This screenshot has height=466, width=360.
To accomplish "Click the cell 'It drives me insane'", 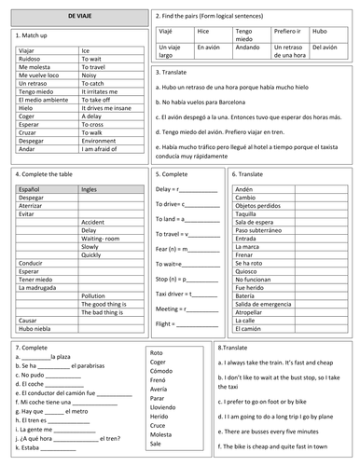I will pyautogui.click(x=105, y=108).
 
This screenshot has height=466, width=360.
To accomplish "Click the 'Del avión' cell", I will pyautogui.click(x=324, y=47).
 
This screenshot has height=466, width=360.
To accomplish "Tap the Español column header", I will pyautogui.click(x=31, y=189).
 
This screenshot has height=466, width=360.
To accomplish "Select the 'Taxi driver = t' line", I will pyautogui.click(x=184, y=292).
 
